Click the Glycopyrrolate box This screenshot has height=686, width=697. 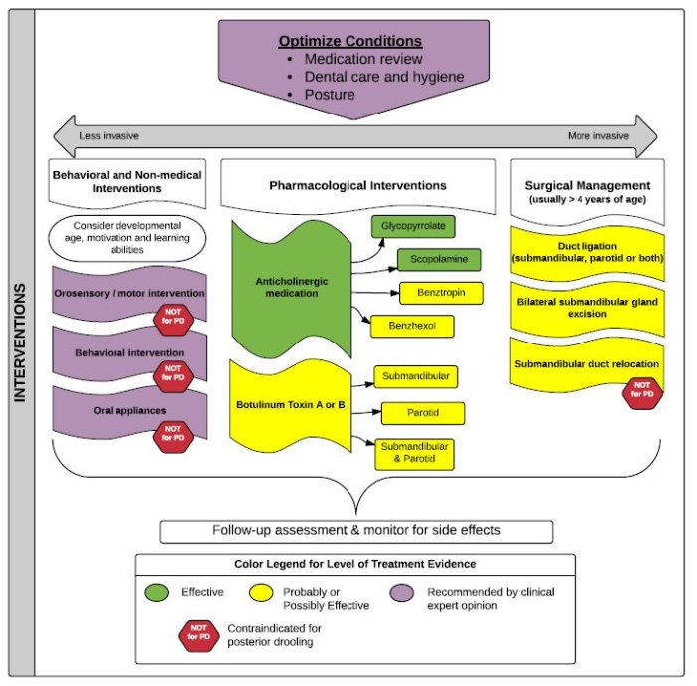[413, 226]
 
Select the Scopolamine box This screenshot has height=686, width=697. [439, 260]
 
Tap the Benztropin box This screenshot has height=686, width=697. [441, 293]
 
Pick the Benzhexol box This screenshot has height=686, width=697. [412, 326]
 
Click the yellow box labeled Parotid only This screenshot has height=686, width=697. [423, 413]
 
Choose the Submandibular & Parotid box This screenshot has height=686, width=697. [415, 454]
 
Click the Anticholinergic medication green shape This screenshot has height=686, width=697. [292, 289]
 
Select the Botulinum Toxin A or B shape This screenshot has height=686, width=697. [291, 405]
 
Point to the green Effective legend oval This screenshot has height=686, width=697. [157, 593]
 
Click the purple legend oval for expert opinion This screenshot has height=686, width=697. [402, 593]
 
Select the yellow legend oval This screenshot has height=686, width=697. [261, 593]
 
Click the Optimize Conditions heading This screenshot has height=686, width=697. [350, 41]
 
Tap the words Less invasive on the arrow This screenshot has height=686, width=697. [109, 136]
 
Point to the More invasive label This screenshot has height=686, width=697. [598, 136]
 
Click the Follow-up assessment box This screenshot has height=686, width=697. [356, 532]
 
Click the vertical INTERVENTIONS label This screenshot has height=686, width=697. [20, 343]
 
